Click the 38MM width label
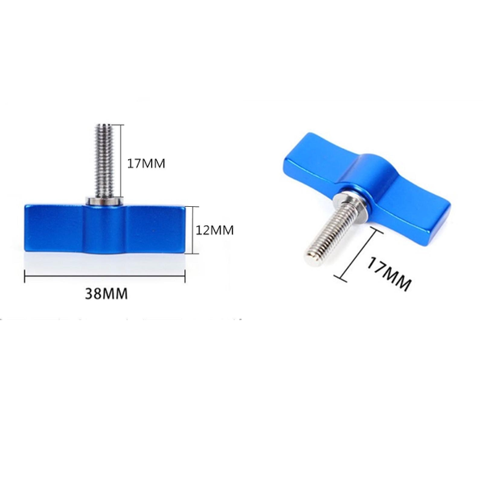tap(106, 294)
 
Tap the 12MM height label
tap(215, 229)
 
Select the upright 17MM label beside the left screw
tap(147, 163)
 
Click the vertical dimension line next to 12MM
tap(194, 229)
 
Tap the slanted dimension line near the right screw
tap(358, 254)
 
